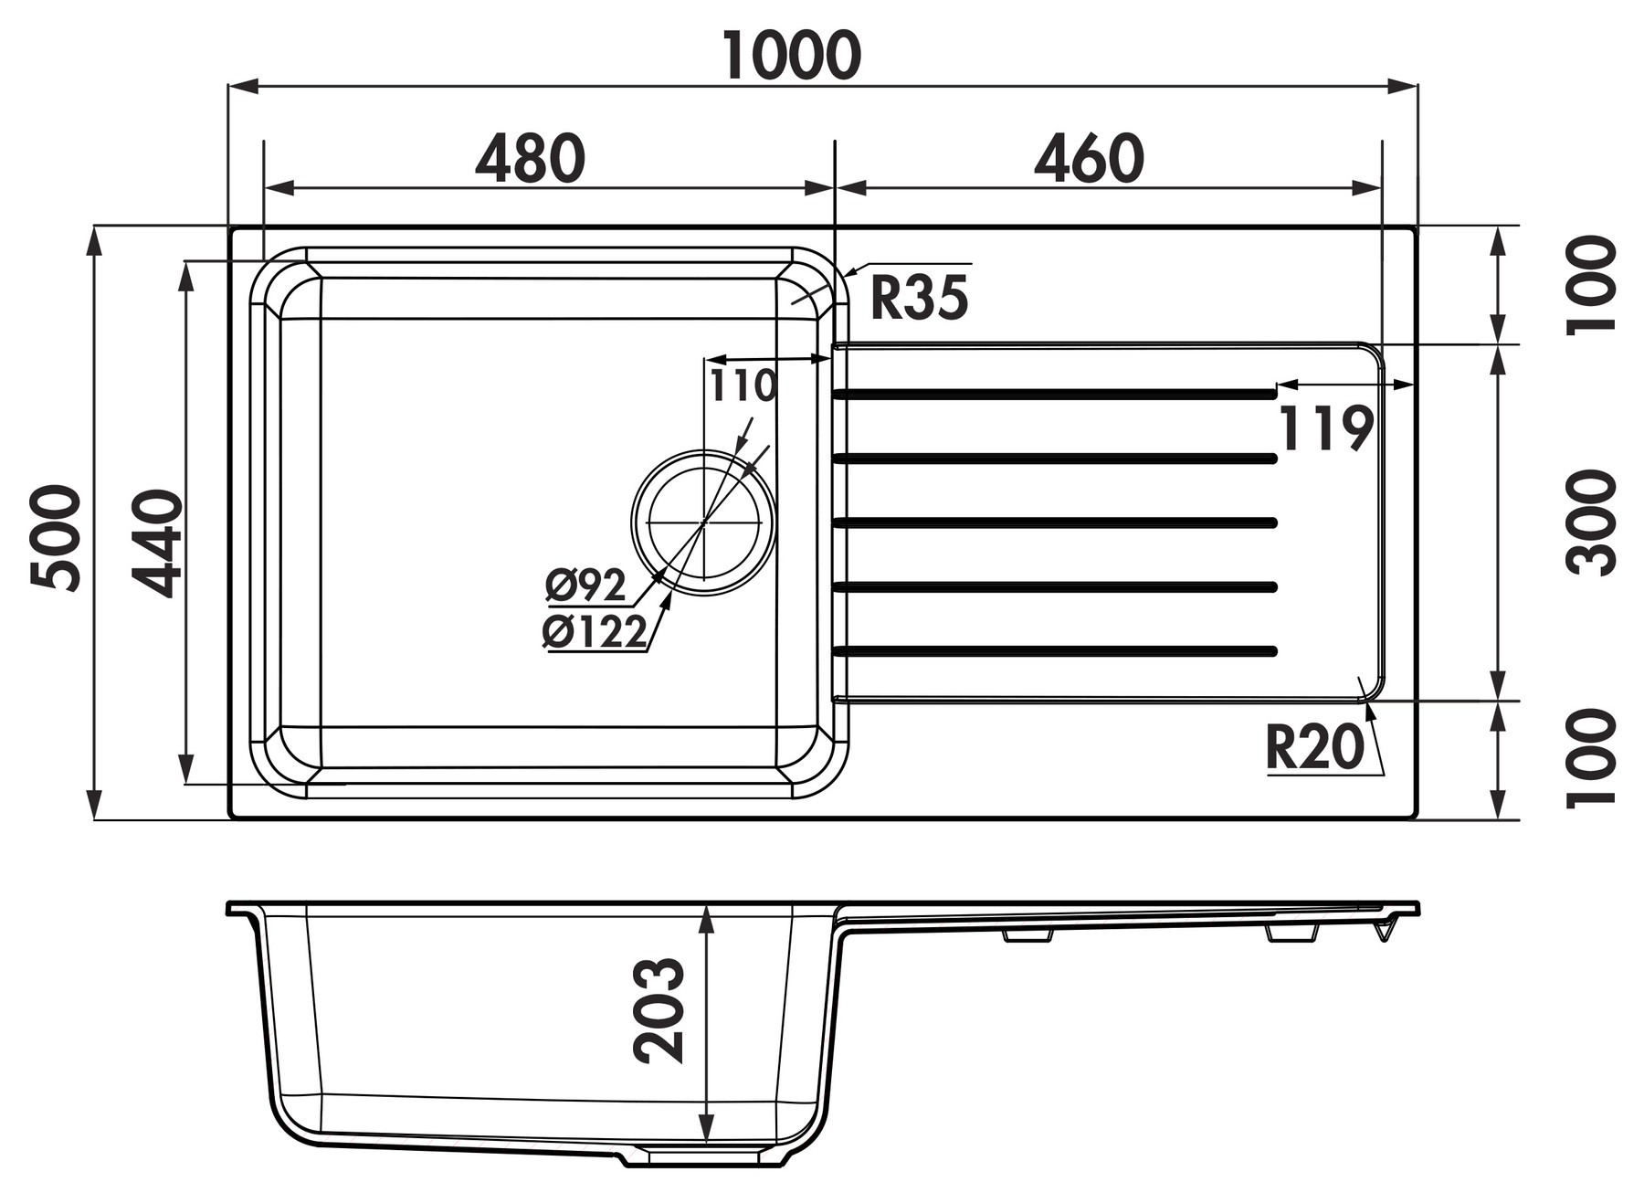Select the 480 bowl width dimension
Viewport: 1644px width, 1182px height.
(x=530, y=158)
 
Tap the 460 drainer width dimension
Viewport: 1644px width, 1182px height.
(x=1089, y=158)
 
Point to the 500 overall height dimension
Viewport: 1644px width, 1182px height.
(x=55, y=538)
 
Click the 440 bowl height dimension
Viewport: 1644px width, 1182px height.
(x=155, y=544)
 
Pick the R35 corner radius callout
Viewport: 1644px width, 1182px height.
(x=918, y=298)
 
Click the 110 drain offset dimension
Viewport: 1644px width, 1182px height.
(x=743, y=385)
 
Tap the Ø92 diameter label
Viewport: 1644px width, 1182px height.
(x=585, y=586)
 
